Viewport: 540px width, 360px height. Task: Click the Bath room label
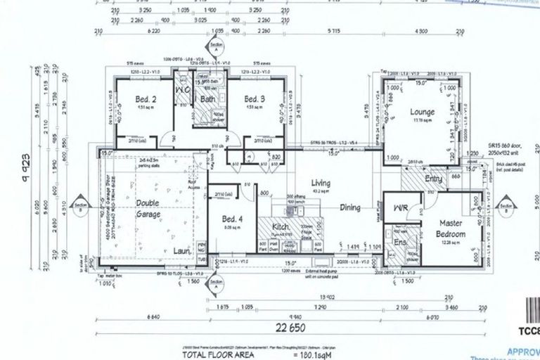click(208, 100)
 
